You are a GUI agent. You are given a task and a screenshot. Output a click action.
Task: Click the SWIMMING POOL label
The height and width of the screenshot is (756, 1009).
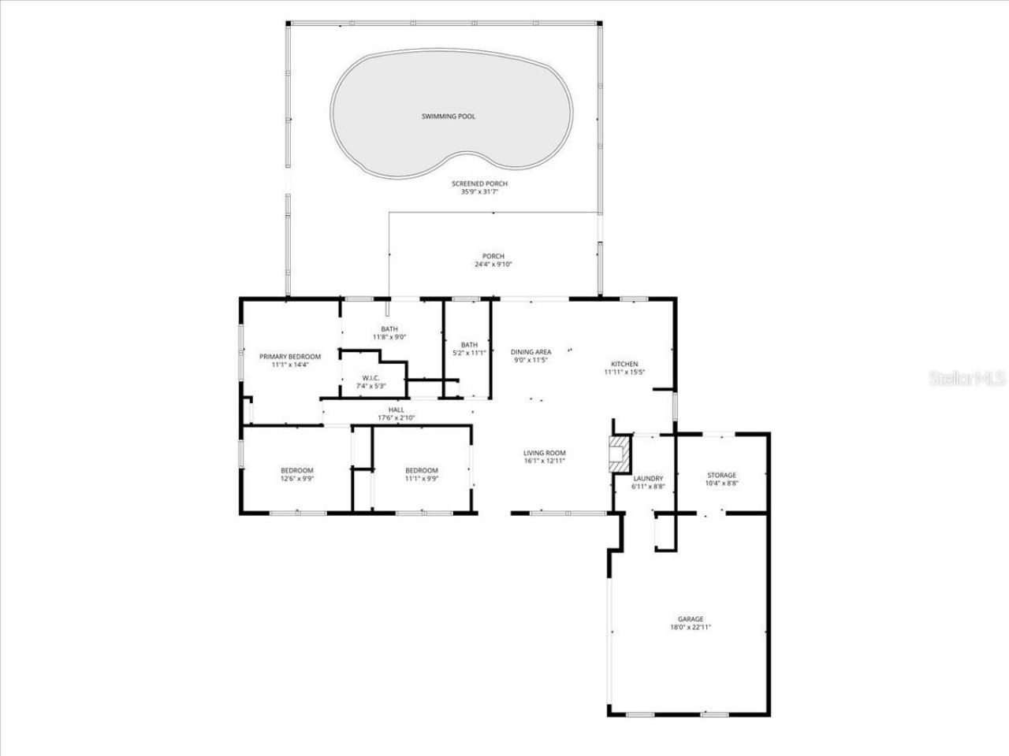(x=448, y=117)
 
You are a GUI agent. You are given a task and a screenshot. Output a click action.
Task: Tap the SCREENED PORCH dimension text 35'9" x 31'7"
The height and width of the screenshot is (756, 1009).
(x=475, y=191)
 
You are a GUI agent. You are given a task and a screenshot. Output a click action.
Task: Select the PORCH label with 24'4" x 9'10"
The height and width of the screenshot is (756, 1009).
(x=493, y=257)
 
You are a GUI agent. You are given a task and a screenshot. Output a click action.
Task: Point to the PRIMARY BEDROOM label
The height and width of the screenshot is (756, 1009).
(x=290, y=357)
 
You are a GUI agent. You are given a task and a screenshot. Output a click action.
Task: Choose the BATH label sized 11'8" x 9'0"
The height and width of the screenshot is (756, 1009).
(x=389, y=329)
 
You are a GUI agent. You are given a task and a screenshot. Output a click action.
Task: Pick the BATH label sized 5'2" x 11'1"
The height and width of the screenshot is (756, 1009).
(x=469, y=345)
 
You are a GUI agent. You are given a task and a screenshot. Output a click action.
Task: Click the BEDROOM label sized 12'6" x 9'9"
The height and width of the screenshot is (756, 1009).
(x=296, y=470)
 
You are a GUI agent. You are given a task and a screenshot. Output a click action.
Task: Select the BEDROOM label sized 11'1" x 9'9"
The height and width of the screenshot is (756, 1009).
(x=422, y=470)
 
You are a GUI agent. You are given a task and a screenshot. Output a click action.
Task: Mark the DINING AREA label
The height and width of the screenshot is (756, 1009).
(x=531, y=352)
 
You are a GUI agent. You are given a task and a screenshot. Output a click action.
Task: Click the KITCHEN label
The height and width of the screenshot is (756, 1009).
(x=625, y=364)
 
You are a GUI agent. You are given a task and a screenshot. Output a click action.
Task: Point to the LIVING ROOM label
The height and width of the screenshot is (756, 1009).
(x=545, y=453)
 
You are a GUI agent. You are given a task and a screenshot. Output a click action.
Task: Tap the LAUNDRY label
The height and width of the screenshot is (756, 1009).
(x=648, y=478)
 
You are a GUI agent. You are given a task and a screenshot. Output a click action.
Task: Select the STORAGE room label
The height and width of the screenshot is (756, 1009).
(x=721, y=475)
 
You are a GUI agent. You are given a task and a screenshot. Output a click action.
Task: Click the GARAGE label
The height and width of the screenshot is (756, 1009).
(x=690, y=619)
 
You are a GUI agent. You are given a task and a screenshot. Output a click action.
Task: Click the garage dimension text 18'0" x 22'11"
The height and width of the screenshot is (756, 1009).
(x=690, y=628)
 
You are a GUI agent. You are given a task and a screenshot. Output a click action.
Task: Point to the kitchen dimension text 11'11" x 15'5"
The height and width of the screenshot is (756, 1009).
(x=625, y=372)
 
